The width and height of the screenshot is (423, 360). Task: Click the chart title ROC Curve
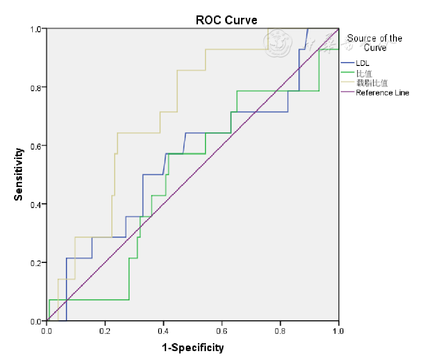click(226, 20)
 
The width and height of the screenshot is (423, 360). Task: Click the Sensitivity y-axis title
click(18, 174)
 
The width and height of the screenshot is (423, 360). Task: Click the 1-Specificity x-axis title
click(193, 347)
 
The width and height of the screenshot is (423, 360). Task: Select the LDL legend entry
click(363, 63)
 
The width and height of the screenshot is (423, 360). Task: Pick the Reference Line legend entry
click(382, 93)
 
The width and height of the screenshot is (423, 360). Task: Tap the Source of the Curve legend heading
click(375, 43)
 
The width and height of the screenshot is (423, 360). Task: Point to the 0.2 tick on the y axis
click(36, 263)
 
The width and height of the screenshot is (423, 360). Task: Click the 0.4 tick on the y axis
click(36, 204)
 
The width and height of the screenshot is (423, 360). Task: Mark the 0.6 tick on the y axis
click(36, 146)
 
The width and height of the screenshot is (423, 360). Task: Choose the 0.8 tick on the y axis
click(36, 87)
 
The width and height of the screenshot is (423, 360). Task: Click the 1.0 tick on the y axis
click(36, 29)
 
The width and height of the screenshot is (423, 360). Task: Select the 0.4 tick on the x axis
click(163, 331)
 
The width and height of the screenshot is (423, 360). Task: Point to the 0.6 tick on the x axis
click(222, 331)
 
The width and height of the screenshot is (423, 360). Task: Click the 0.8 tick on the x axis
click(280, 331)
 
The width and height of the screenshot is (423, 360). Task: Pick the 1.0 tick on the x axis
click(338, 331)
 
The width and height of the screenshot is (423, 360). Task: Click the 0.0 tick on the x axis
click(47, 331)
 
